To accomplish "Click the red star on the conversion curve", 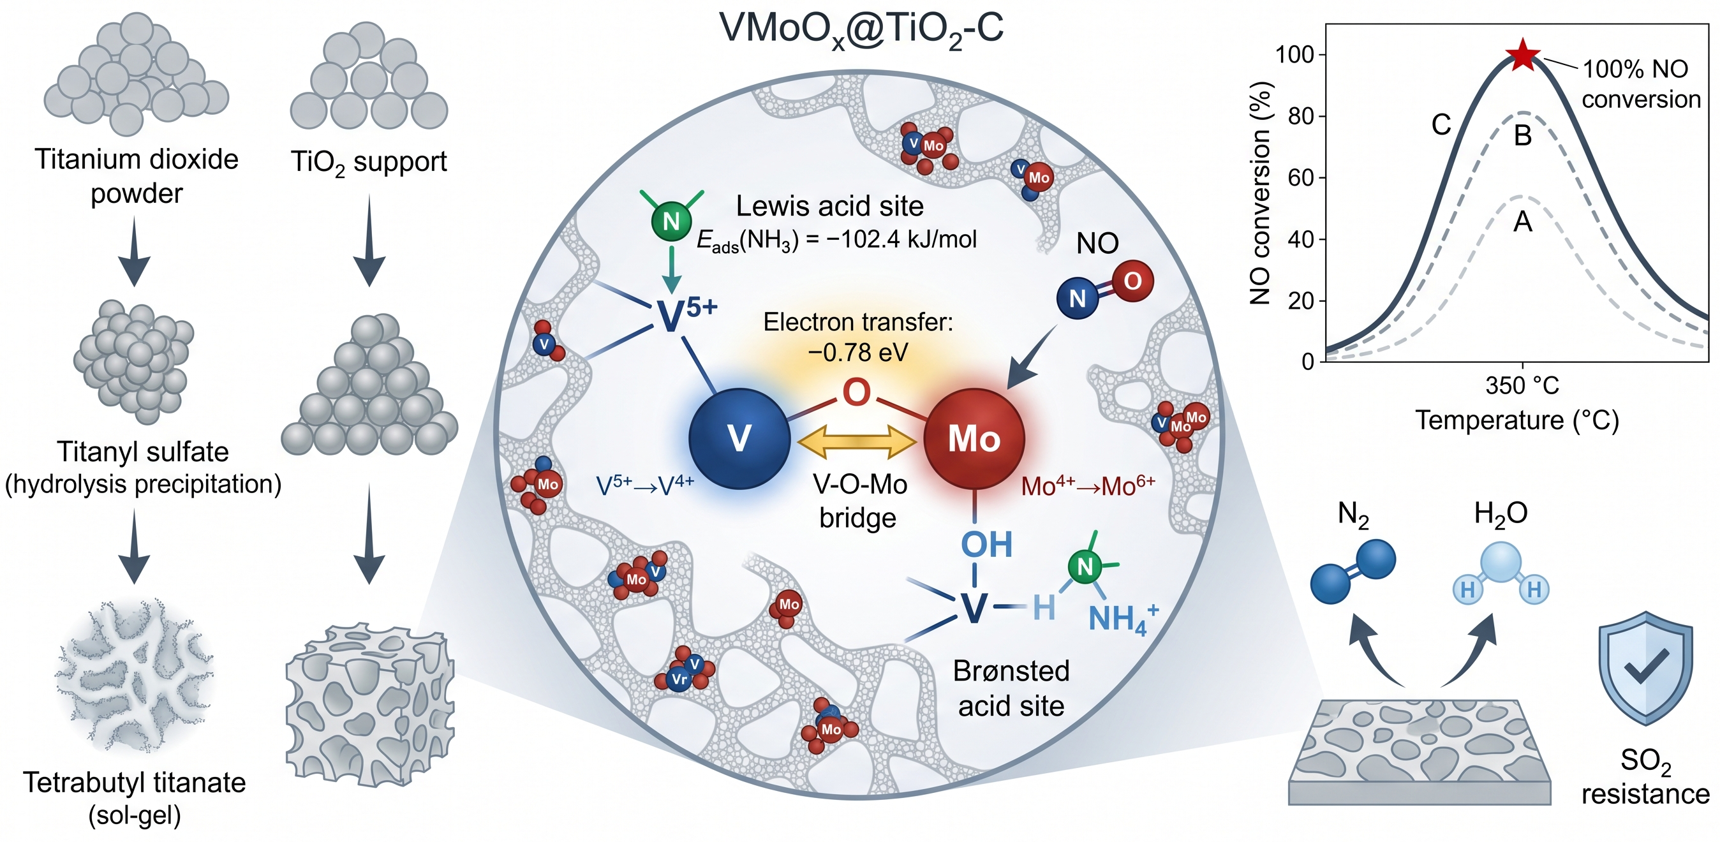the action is [x=1523, y=55].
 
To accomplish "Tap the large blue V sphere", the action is [x=739, y=439].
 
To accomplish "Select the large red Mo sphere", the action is [x=974, y=439].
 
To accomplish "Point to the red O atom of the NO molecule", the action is [x=1132, y=281].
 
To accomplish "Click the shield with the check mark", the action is [x=1645, y=668].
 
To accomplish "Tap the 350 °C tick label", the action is [x=1522, y=385].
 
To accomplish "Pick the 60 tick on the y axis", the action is [x=1301, y=177].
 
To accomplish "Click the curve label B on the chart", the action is [x=1522, y=135].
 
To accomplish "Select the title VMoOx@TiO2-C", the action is [x=861, y=29].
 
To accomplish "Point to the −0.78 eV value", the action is [x=858, y=352].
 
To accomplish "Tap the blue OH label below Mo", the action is [x=986, y=544].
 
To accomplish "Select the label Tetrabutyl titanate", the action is [x=134, y=783].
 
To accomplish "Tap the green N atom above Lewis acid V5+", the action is [x=671, y=221].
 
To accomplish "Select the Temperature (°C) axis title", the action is [x=1517, y=420].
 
